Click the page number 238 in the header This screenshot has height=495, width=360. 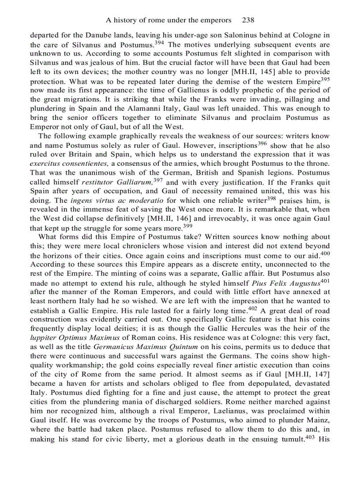[248, 20]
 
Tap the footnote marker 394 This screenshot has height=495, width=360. [160, 43]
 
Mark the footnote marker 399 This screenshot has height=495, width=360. [188, 226]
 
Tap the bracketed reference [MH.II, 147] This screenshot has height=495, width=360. [307, 374]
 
